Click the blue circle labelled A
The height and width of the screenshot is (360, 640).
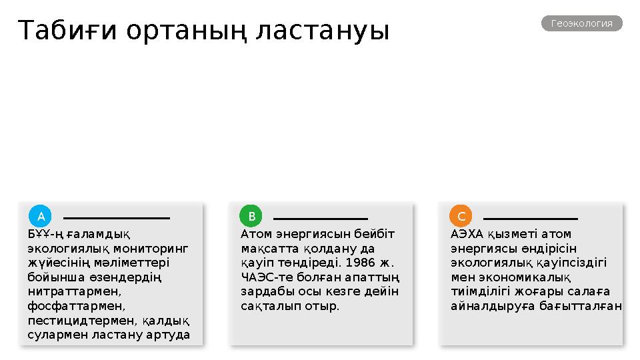coord(41,216)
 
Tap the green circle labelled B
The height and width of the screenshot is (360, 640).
coord(251,216)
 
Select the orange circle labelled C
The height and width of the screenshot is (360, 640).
coord(461,216)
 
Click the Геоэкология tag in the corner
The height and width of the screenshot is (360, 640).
coord(582,23)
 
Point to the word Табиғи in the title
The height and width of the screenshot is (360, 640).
coord(66,31)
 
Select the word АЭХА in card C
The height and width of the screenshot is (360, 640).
coord(466,234)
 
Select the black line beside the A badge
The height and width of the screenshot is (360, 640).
coord(117,217)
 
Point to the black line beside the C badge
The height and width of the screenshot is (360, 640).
coord(530,218)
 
